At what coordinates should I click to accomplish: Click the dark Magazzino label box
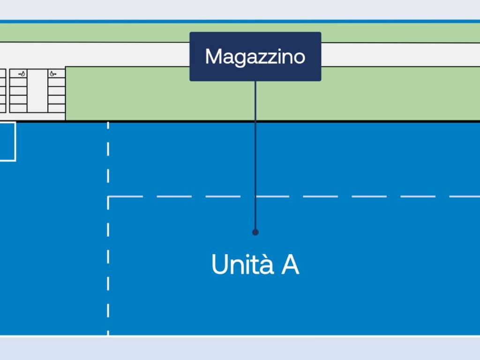(x=255, y=56)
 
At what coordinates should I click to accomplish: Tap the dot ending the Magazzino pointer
(x=255, y=232)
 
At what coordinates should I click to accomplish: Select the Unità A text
(x=255, y=264)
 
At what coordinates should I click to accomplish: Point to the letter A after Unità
(x=290, y=265)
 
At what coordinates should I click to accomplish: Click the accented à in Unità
(x=266, y=264)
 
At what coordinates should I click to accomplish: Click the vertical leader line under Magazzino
(x=255, y=155)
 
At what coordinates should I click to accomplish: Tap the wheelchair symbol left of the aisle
(x=22, y=74)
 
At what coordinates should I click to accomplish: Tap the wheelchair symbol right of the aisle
(x=53, y=74)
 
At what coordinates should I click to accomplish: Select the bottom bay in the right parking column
(x=56, y=108)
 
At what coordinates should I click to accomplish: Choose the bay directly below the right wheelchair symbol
(x=56, y=82)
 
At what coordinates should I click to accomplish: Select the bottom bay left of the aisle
(x=18, y=108)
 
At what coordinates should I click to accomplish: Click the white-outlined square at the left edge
(x=7, y=141)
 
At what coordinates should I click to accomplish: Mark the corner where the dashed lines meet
(x=109, y=197)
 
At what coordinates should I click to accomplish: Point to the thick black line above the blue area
(x=281, y=121)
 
